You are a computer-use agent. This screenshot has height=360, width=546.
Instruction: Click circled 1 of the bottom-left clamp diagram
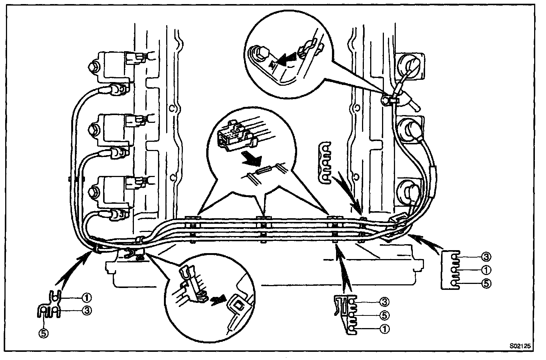coord(86,298)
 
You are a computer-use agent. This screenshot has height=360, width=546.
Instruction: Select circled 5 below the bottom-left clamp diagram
coord(44,333)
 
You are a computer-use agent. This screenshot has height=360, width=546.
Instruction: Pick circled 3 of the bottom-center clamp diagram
coord(384,302)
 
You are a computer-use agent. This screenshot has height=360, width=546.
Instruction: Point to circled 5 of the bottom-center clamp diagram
coord(384,315)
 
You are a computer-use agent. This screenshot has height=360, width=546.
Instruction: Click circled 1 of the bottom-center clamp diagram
coord(384,329)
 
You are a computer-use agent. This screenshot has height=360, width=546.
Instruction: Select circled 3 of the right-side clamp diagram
coord(486,256)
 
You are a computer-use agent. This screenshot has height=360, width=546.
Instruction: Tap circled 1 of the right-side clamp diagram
coord(486,270)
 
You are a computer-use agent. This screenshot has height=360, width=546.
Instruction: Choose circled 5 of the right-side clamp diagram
coord(486,284)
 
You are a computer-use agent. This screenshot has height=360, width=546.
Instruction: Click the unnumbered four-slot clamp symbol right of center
coord(325,163)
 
